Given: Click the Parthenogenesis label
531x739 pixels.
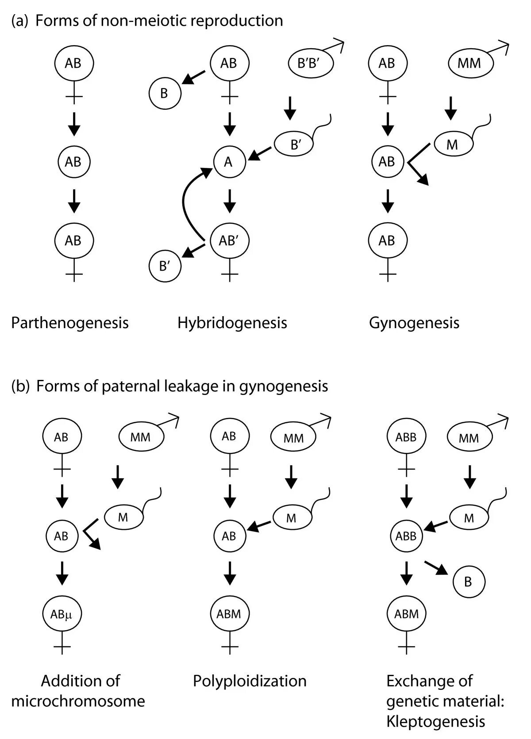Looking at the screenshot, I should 70,322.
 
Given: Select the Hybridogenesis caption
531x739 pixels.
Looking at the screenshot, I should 232,322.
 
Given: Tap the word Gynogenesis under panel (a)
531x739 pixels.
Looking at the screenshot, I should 414,322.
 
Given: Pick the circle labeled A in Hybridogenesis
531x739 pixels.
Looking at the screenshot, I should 229,162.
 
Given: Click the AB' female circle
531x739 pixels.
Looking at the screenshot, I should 229,241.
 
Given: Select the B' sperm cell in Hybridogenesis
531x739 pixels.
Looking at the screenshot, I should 295,145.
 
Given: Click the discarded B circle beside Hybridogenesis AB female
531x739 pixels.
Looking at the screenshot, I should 164,93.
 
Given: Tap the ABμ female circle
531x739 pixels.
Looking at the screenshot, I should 62,613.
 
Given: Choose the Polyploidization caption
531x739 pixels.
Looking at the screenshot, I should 250,681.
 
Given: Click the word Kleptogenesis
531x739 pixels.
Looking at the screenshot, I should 435,722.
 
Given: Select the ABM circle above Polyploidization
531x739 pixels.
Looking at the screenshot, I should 229,613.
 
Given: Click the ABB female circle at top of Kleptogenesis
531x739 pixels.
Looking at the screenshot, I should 406,437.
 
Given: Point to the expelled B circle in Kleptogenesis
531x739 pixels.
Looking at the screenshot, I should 468,582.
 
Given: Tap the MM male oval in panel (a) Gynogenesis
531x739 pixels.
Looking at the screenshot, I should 469,63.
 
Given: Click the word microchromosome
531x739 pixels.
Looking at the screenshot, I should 78,701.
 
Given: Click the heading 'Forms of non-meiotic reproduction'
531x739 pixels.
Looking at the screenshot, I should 159,21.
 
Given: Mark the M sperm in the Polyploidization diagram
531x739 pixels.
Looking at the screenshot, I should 291,518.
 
